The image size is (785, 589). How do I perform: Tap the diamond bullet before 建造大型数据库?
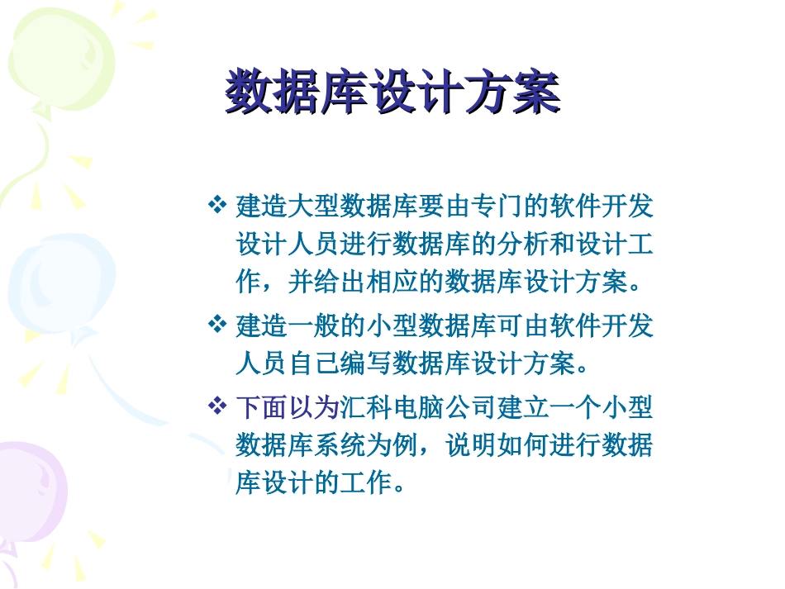tap(216, 203)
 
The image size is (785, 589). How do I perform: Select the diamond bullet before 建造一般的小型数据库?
tap(216, 323)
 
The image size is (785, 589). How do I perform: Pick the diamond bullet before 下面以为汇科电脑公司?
tap(216, 406)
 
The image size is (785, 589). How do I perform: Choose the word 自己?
tap(314, 364)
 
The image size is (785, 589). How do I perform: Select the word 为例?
tap(392, 447)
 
